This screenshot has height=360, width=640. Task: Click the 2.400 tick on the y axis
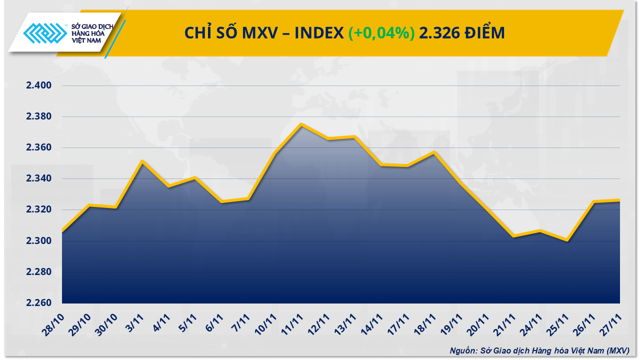pos(39,86)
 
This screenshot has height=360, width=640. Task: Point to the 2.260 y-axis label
pos(39,303)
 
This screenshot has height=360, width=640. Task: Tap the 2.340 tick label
pos(39,178)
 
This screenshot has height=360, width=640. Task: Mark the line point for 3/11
pos(142,161)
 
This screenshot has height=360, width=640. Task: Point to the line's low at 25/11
pos(567,240)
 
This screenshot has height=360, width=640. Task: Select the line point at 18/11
pos(434,152)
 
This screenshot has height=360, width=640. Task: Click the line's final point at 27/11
pos(619,200)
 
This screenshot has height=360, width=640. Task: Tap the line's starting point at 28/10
pos(62,231)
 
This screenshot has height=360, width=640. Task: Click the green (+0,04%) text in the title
pos(381,33)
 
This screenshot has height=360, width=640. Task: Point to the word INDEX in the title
pos(318,33)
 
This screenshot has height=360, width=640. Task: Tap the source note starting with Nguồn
pos(539,350)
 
